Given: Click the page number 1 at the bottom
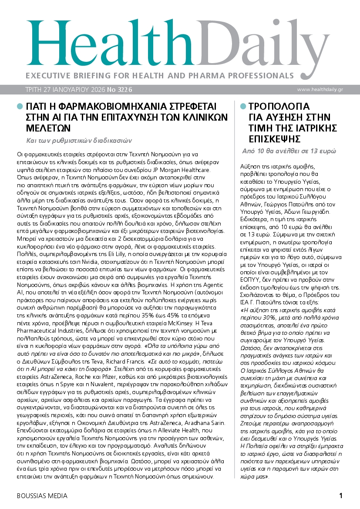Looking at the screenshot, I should [x=341, y=496].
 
